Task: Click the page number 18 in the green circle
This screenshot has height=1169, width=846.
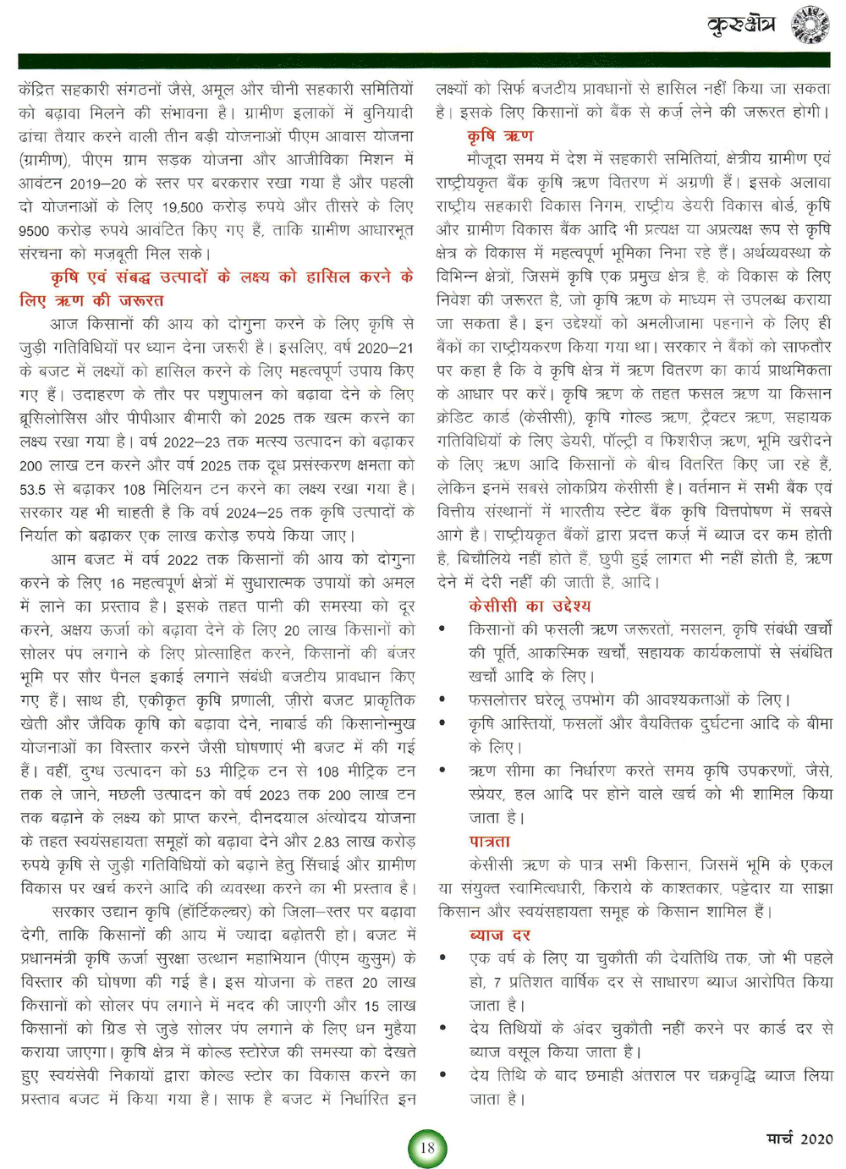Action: (x=427, y=1148)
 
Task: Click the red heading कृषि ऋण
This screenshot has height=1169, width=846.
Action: (x=500, y=135)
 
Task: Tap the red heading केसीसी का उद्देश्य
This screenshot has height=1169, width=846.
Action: (x=530, y=606)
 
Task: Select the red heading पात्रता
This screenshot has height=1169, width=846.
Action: (x=490, y=842)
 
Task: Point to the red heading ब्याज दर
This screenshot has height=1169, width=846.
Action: (x=499, y=936)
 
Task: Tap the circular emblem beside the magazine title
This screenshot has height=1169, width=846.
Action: (x=810, y=25)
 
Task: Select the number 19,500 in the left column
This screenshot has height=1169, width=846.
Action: (x=183, y=207)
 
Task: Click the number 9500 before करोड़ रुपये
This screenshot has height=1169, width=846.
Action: (x=35, y=230)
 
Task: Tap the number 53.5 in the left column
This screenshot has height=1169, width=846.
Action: (x=33, y=489)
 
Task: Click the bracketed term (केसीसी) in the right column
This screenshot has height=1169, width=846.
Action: (x=547, y=418)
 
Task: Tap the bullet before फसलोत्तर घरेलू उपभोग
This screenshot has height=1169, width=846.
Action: (x=442, y=700)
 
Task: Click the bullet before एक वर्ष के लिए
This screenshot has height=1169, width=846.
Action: (x=442, y=959)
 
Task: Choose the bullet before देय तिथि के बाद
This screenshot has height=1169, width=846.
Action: (x=442, y=1076)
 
